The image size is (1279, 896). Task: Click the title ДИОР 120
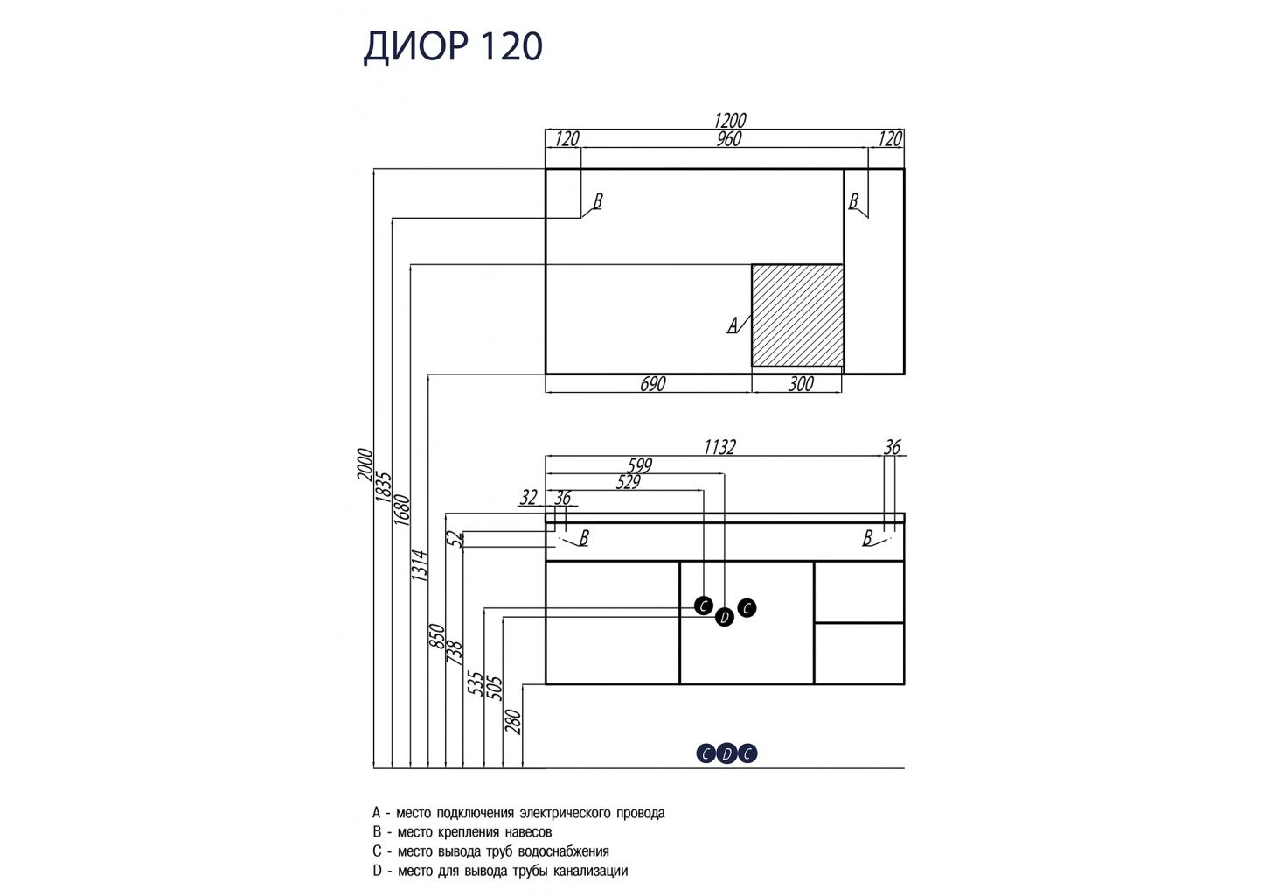453,47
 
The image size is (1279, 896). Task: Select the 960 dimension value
728,139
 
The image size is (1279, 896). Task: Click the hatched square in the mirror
797,315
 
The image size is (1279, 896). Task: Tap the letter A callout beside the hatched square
733,325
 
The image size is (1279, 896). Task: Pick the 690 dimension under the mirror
652,384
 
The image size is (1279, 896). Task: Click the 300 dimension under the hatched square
800,384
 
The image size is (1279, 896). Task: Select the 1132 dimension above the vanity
719,447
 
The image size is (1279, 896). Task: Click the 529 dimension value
627,482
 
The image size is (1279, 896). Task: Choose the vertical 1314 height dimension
419,566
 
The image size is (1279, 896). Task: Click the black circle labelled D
724,619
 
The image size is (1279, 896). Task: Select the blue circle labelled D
726,753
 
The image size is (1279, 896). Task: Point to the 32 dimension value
528,498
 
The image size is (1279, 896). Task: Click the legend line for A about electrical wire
518,813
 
